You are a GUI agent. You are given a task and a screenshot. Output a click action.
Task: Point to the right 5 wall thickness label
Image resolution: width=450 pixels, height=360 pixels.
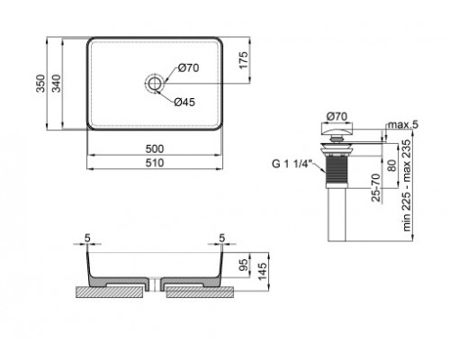click(221, 238)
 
